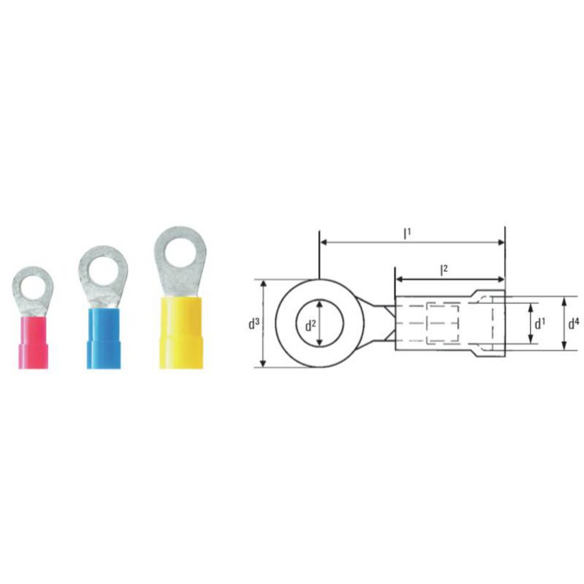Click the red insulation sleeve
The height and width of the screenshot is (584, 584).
(x=34, y=343)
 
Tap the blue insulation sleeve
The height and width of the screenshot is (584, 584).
(x=104, y=339)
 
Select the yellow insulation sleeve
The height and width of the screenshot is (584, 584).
(x=182, y=333)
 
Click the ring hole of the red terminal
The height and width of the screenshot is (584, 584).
(x=34, y=289)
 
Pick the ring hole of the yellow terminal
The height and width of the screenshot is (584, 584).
(x=180, y=253)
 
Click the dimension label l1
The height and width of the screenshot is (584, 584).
(x=408, y=234)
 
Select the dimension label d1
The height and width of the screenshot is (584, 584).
(x=540, y=324)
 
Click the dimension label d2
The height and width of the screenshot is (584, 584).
(x=310, y=326)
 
